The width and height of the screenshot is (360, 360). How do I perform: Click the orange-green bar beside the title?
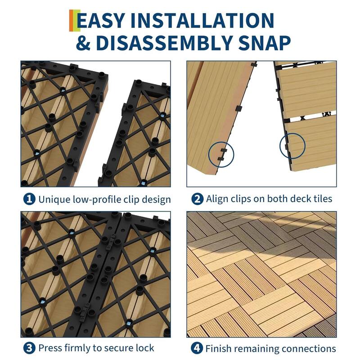[x=72, y=20]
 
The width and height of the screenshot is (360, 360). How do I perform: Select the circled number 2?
[x=197, y=199]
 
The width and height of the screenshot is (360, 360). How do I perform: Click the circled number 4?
[x=197, y=348]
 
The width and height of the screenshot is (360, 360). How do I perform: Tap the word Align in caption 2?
[x=217, y=199]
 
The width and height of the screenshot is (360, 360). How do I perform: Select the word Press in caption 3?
[x=49, y=348]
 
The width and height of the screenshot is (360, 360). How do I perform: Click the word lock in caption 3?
[x=146, y=348]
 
